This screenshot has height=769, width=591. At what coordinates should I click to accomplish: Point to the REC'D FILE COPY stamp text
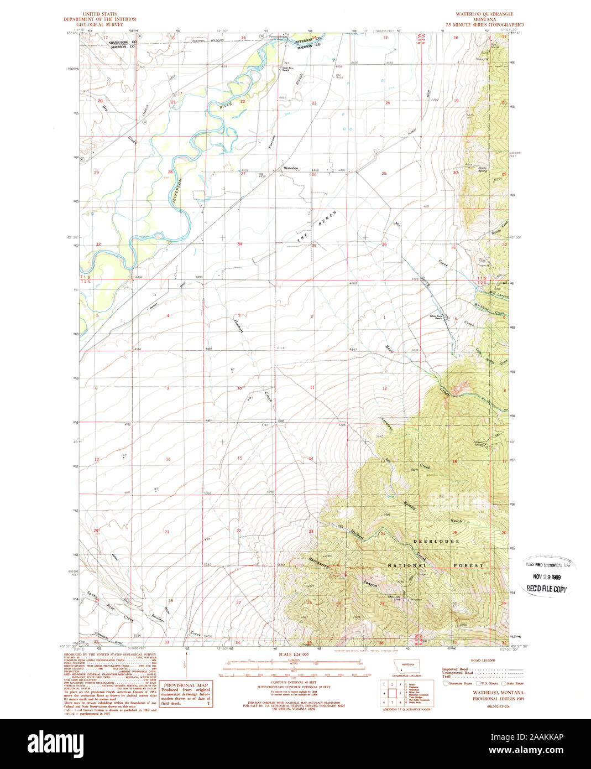click(x=546, y=589)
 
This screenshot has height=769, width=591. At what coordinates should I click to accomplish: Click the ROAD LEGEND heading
click(x=484, y=661)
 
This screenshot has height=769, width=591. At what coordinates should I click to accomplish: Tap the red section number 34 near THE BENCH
click(x=239, y=244)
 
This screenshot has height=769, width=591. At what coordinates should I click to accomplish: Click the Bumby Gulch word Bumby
click(x=409, y=505)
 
